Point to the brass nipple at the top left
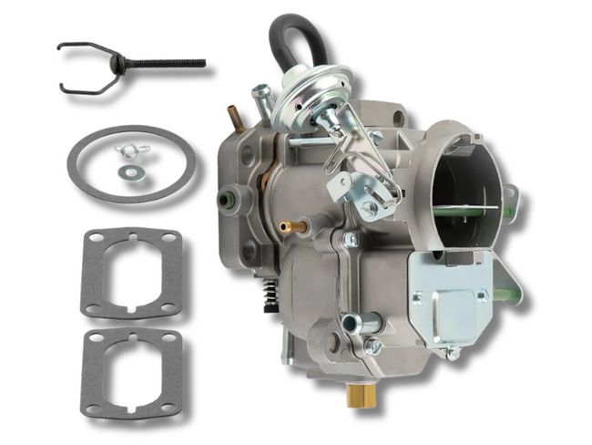tap(232, 117)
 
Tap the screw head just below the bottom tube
tap(373, 347)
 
